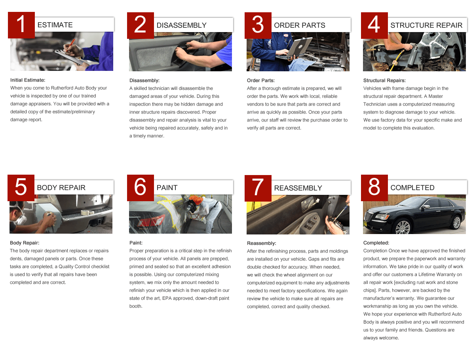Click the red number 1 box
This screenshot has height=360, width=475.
[x=21, y=25]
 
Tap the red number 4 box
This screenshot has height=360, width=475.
[x=374, y=25]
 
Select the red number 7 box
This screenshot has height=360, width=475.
[x=258, y=188]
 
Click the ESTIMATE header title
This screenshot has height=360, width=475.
[x=55, y=25]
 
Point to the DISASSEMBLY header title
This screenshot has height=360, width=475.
[x=181, y=25]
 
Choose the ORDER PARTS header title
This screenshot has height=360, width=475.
[x=299, y=25]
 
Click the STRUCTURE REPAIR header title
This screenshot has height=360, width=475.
[x=426, y=25]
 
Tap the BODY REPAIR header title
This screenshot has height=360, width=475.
[x=61, y=188]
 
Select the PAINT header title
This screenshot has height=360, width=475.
[x=167, y=188]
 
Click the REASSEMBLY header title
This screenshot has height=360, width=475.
[x=298, y=188]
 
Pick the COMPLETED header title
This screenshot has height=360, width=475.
[x=412, y=188]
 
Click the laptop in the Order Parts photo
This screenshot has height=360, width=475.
[x=293, y=50]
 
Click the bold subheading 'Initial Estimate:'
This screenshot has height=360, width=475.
[x=28, y=80]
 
